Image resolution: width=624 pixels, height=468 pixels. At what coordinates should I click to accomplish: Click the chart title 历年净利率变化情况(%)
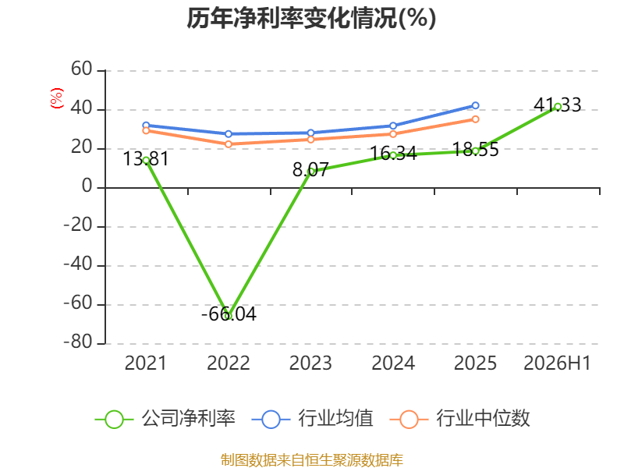[311, 18]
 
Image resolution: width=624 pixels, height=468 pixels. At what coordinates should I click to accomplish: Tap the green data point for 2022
[229, 317]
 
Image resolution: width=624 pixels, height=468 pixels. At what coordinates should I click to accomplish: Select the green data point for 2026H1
[558, 107]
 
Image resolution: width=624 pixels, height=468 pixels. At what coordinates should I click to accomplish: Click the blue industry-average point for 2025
[475, 105]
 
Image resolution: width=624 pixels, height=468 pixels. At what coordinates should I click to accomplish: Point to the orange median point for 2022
[229, 144]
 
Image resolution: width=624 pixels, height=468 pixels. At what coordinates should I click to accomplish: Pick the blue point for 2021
[146, 126]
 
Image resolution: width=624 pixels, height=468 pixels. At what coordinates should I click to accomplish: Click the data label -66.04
[229, 314]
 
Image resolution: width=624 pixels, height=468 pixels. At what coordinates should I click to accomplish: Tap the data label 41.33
[558, 105]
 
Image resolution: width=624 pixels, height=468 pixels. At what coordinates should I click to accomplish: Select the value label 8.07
[310, 170]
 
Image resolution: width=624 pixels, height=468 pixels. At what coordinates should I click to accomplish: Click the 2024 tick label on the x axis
[393, 363]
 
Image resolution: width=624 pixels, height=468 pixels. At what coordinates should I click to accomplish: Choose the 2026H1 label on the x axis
[557, 363]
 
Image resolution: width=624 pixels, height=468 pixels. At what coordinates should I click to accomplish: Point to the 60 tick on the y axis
[82, 69]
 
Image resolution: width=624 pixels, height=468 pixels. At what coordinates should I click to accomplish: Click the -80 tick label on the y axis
[78, 342]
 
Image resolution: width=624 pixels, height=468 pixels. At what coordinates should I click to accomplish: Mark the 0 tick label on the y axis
[87, 186]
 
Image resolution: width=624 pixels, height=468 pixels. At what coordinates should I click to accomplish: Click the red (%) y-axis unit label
[56, 98]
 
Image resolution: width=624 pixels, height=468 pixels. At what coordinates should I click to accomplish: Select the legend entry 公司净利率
[165, 419]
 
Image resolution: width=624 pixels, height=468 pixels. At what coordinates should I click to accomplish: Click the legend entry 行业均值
[313, 419]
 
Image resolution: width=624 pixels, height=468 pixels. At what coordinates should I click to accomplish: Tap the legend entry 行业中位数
[459, 419]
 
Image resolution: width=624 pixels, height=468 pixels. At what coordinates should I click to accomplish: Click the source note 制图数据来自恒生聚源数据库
[312, 460]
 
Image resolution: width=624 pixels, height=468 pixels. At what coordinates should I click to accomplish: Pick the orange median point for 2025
[475, 119]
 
